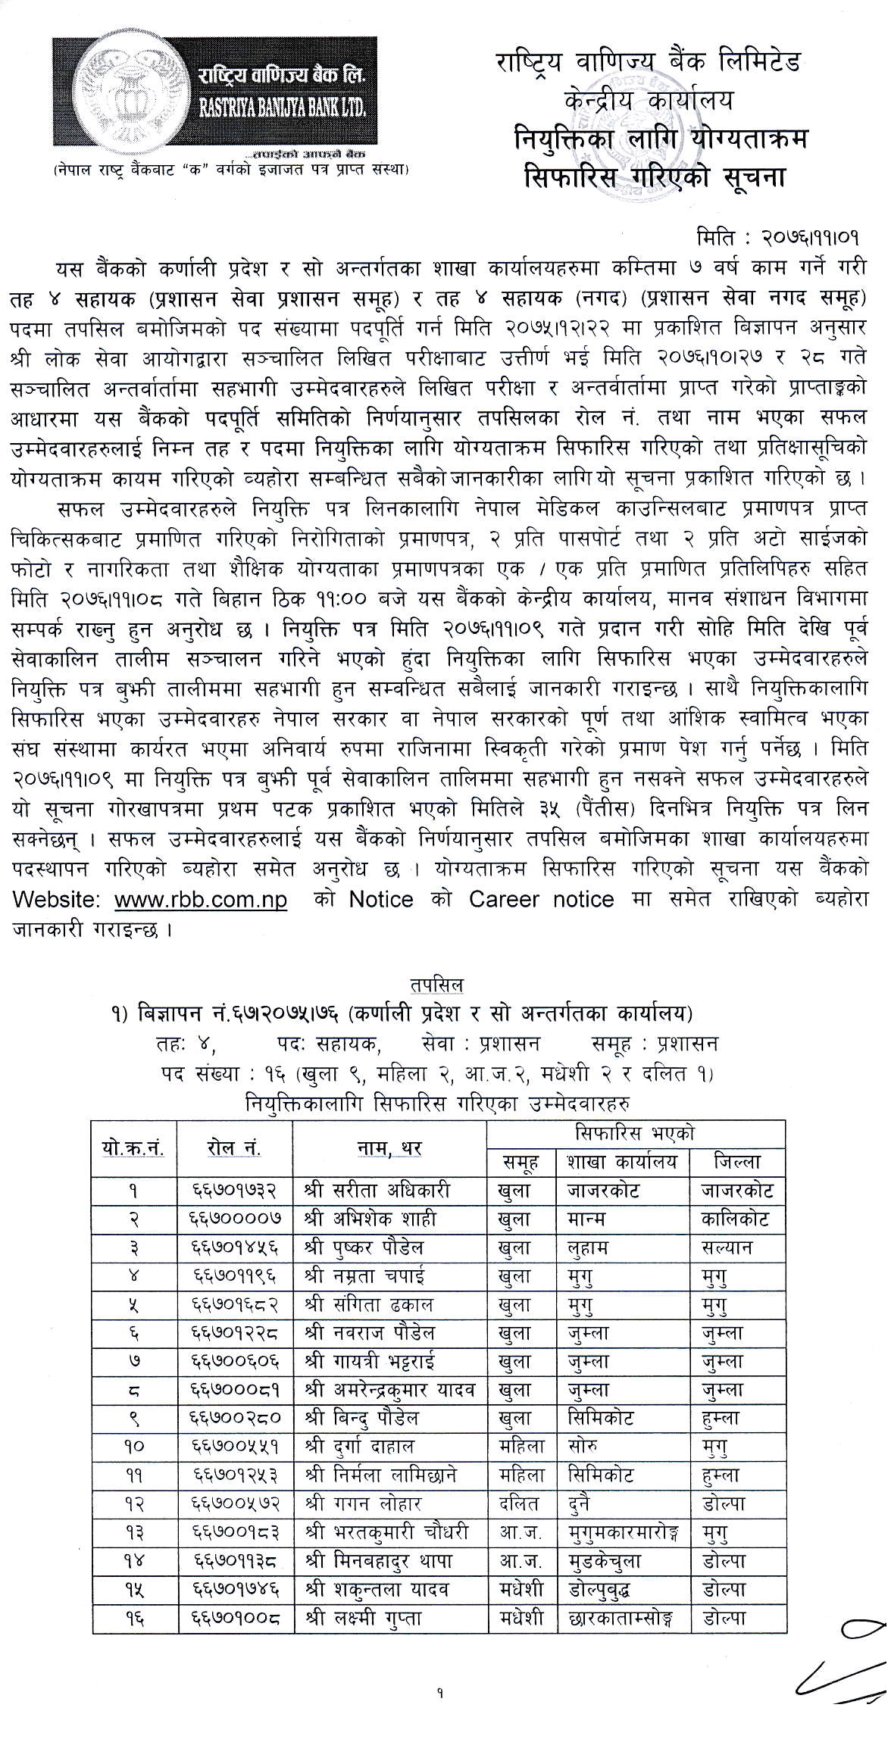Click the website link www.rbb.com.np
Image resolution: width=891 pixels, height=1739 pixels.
[x=201, y=900]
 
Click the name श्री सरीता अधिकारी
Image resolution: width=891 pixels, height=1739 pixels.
[x=383, y=1191]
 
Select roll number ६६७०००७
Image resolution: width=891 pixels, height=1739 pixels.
[x=236, y=1219]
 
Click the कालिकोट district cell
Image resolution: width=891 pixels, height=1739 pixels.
[x=736, y=1219]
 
